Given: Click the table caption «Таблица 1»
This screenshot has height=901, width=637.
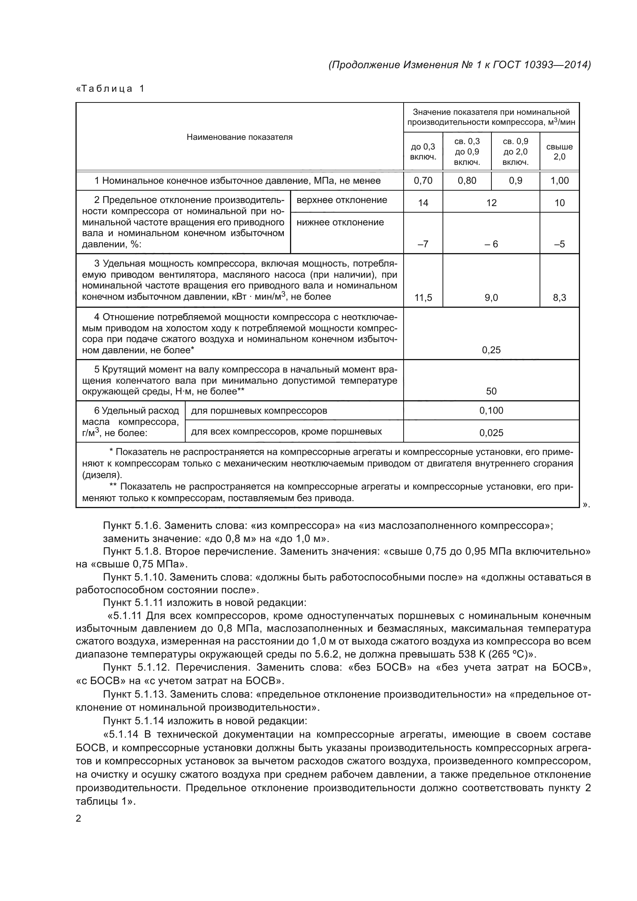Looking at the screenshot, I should [110, 89].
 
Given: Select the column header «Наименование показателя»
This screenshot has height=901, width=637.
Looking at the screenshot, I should [239, 137].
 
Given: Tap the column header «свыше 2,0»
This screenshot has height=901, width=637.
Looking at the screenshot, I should [559, 151].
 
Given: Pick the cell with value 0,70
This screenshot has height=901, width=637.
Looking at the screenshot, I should [423, 181].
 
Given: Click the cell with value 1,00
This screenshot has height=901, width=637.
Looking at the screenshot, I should [559, 181].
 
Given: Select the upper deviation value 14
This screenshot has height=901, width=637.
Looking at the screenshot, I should [423, 203].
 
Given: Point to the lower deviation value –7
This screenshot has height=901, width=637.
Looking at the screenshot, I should [423, 244].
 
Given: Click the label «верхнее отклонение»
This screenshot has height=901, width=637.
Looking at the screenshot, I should [342, 200].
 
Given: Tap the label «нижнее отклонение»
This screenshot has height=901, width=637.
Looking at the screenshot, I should [340, 223].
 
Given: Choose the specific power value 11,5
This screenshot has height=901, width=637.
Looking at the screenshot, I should [423, 298].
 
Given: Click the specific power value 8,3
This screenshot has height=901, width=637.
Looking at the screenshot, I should [559, 298].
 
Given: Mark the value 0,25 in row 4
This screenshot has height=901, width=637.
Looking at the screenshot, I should [491, 350].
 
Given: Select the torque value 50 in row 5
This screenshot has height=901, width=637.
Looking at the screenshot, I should [491, 391].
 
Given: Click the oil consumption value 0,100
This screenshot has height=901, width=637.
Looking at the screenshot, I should [491, 411].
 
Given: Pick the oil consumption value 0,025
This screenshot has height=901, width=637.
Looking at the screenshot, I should [491, 433].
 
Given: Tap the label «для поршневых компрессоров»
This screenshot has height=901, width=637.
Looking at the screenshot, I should [259, 411].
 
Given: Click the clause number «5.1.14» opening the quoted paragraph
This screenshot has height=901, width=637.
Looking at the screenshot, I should [125, 734].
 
